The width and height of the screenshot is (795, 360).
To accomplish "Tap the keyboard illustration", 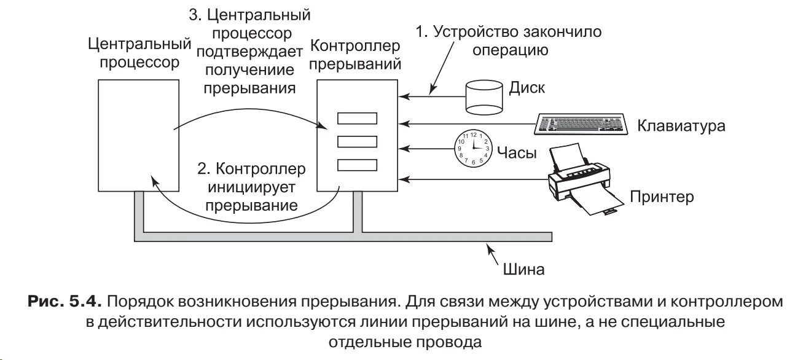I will coord(580,124).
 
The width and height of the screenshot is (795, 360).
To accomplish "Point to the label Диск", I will coord(527,88).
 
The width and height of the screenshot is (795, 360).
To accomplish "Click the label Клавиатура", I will coord(681,126).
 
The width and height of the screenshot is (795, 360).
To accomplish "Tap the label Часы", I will coord(518,153).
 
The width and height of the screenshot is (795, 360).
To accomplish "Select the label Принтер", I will coord(661,197).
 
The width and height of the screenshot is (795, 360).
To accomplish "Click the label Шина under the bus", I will coord(523,268).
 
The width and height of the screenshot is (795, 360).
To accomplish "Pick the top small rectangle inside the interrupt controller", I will coord(357,119).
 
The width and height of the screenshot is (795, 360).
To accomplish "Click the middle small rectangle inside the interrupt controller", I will coord(357,141).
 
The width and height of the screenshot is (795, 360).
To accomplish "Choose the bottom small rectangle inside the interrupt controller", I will coord(357,165).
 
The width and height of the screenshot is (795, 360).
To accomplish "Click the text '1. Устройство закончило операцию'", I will coord(509,41).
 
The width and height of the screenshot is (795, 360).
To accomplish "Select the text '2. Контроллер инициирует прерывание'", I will coord(252,187).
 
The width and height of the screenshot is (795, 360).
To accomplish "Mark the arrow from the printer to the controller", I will coord(473,179).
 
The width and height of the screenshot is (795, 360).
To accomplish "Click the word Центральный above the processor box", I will coord(138,44).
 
